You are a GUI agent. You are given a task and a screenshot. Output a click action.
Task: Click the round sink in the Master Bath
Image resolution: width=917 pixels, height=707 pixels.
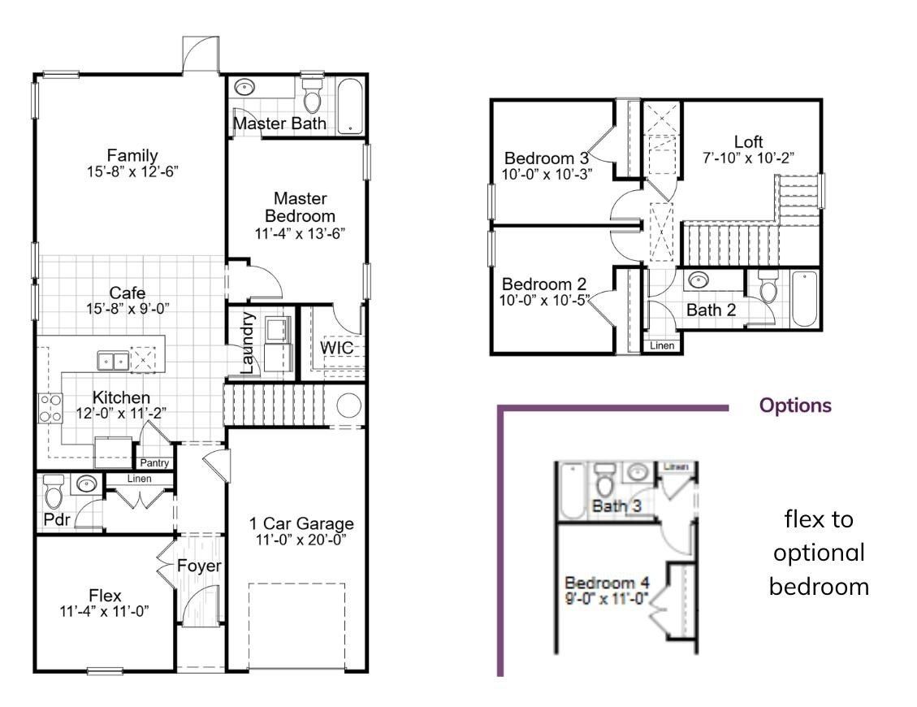[x=243, y=89]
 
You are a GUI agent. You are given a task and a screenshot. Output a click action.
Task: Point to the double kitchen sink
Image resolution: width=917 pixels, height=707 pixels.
[x=112, y=360]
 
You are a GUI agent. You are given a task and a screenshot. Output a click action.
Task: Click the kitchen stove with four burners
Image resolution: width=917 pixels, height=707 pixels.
[x=50, y=408]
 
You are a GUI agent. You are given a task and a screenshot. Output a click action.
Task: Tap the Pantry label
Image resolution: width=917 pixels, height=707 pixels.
[x=154, y=463]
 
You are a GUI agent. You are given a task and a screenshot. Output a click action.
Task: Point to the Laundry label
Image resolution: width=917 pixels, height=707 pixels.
[x=249, y=341]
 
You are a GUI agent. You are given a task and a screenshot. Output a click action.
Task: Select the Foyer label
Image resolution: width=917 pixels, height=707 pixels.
[x=199, y=566]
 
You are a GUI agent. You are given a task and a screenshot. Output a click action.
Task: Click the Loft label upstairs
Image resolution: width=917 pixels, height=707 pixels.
[x=748, y=141]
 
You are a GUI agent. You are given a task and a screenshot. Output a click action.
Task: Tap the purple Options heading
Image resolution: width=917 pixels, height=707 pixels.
[x=795, y=406]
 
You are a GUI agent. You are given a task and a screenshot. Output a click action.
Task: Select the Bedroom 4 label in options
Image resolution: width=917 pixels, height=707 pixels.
[x=608, y=583]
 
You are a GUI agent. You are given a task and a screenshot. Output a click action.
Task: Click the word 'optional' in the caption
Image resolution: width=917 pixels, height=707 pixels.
[x=819, y=553]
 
